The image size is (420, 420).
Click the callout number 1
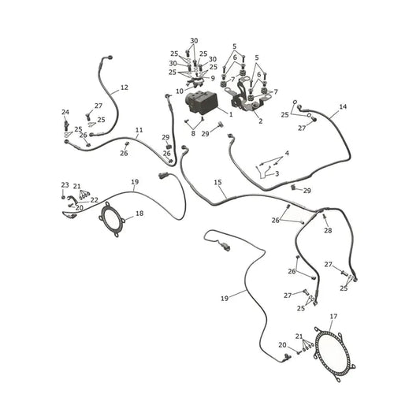[x=231, y=114]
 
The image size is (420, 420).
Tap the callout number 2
[x=260, y=121]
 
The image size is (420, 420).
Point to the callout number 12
[x=125, y=87]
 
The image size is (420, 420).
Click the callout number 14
[x=343, y=107]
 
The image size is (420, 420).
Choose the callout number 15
[x=217, y=182]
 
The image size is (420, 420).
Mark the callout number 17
[x=333, y=317]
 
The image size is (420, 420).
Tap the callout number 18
[x=139, y=214]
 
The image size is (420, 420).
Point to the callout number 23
[x=65, y=185]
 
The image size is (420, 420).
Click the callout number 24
[x=65, y=112]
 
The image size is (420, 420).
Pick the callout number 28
[x=328, y=230]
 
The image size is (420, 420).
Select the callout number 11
[x=139, y=130]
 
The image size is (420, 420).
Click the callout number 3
[x=277, y=173]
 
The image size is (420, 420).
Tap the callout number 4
[x=287, y=154]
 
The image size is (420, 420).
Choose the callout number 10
[x=180, y=91]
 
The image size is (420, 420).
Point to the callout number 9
[x=213, y=78]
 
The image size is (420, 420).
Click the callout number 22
[x=94, y=200]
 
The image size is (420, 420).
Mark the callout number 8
[x=193, y=133]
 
